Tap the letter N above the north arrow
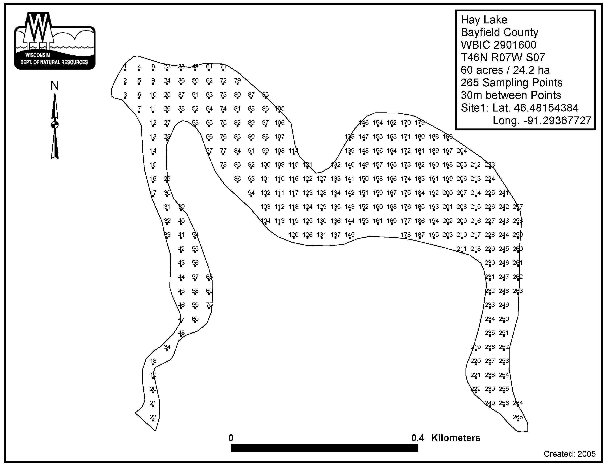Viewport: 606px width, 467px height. tap(55, 86)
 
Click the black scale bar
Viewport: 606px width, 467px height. tap(324, 448)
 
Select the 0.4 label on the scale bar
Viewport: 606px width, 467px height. tap(418, 438)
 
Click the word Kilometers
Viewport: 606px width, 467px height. tap(456, 438)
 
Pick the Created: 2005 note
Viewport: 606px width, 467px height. tap(570, 454)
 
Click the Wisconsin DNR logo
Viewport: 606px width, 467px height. tap(55, 41)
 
